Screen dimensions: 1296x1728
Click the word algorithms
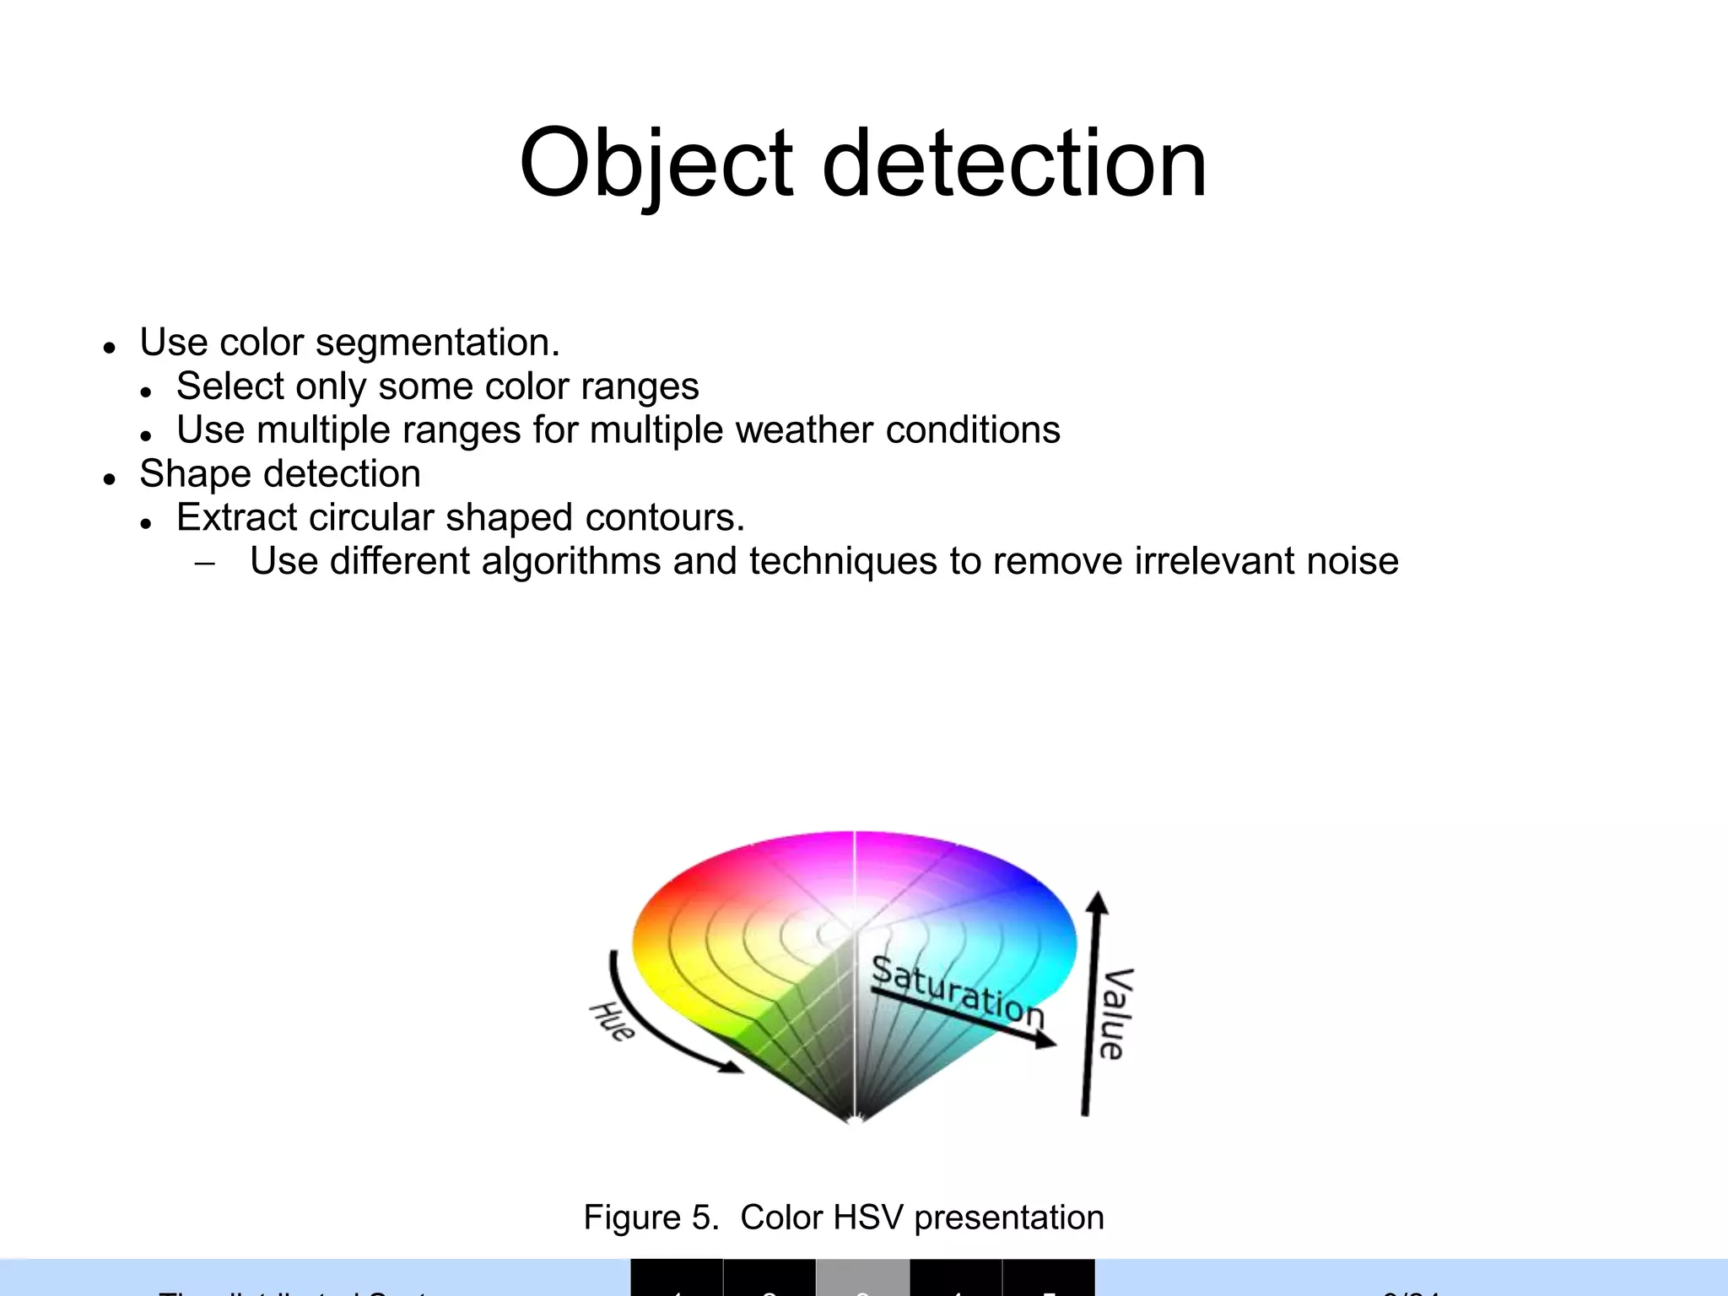point(571,562)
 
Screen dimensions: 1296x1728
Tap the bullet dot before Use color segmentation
point(109,347)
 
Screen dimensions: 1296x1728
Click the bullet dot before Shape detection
point(109,478)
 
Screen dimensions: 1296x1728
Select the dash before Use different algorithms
point(204,564)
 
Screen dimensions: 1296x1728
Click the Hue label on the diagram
point(612,1022)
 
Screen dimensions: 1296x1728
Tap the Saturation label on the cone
point(958,992)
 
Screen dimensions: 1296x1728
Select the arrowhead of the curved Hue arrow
point(732,1068)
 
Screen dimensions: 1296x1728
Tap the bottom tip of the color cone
point(855,1120)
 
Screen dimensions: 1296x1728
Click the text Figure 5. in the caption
point(651,1218)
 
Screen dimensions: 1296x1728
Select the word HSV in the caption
point(868,1218)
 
